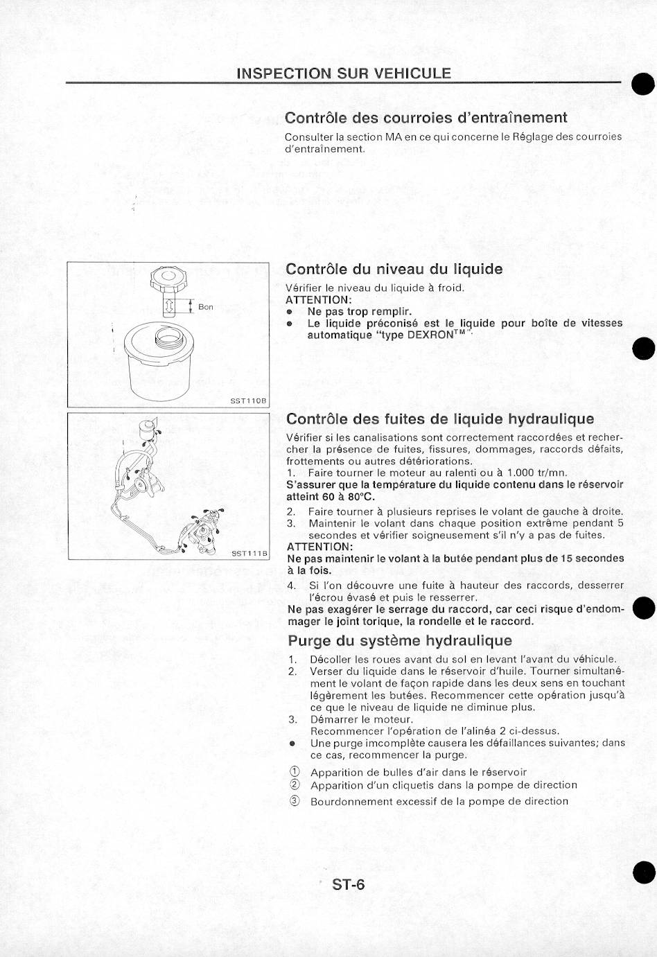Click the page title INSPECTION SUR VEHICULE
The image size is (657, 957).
pos(343,73)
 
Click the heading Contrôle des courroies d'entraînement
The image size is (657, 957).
pos(426,118)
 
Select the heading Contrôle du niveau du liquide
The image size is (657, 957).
pos(394,269)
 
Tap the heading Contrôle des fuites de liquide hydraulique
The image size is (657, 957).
pos(439,419)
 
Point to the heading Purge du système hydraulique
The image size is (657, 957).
pos(400,640)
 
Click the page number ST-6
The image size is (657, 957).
pos(348,884)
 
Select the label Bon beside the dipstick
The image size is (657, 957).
pos(206,306)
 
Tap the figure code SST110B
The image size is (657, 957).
pos(248,401)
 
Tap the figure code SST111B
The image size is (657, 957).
pos(249,553)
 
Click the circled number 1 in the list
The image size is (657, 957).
pos(295,772)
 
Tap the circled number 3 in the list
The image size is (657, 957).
pos(295,801)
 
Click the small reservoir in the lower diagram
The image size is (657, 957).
pos(147,429)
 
